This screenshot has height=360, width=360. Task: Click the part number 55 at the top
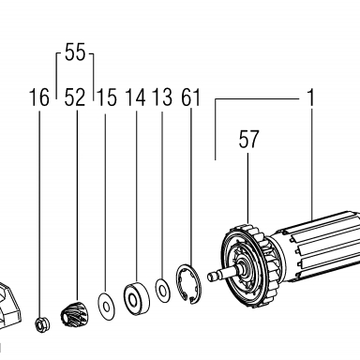click(75, 52)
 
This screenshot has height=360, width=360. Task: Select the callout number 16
click(39, 97)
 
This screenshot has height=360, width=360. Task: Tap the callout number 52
click(75, 97)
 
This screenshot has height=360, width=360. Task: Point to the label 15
click(107, 97)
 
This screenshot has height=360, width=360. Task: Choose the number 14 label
click(136, 97)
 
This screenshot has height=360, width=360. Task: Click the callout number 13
click(162, 97)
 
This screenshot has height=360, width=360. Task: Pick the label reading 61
click(190, 97)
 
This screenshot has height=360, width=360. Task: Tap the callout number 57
click(248, 140)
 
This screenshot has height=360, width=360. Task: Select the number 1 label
click(310, 97)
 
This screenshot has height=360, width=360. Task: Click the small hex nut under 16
click(41, 324)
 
